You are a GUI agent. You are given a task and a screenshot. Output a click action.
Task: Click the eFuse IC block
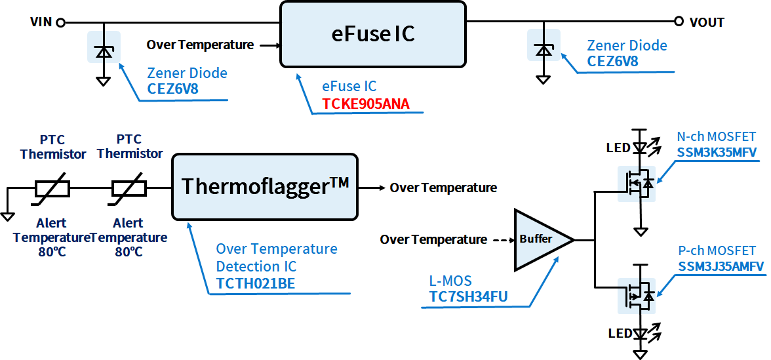(373, 34)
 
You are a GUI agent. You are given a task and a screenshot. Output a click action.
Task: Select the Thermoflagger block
(264, 187)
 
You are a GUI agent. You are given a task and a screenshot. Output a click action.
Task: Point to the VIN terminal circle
(60, 22)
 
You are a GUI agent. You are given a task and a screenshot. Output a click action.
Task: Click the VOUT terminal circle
(679, 22)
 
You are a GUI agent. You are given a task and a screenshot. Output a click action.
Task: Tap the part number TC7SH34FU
(468, 297)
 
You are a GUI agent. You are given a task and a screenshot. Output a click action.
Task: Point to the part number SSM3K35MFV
(717, 152)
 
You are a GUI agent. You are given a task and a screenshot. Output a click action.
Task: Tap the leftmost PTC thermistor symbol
(53, 188)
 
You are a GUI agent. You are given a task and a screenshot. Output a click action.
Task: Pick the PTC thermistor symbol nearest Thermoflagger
(128, 188)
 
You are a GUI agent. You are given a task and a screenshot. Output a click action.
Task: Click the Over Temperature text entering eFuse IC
(200, 45)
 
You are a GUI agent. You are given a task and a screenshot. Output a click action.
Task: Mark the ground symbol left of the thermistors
(7, 215)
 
